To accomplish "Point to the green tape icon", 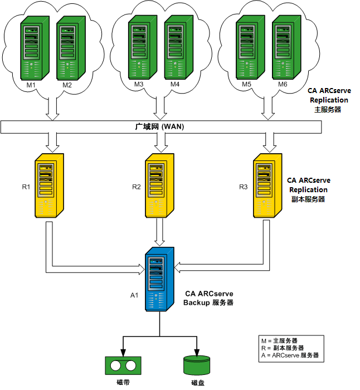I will click(x=121, y=366).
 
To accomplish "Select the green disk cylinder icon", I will click(x=198, y=364).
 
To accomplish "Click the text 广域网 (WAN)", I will click(x=160, y=127).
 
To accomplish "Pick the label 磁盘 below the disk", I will click(x=198, y=383).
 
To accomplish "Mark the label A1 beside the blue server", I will click(x=134, y=295).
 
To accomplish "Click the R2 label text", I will click(x=136, y=187).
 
